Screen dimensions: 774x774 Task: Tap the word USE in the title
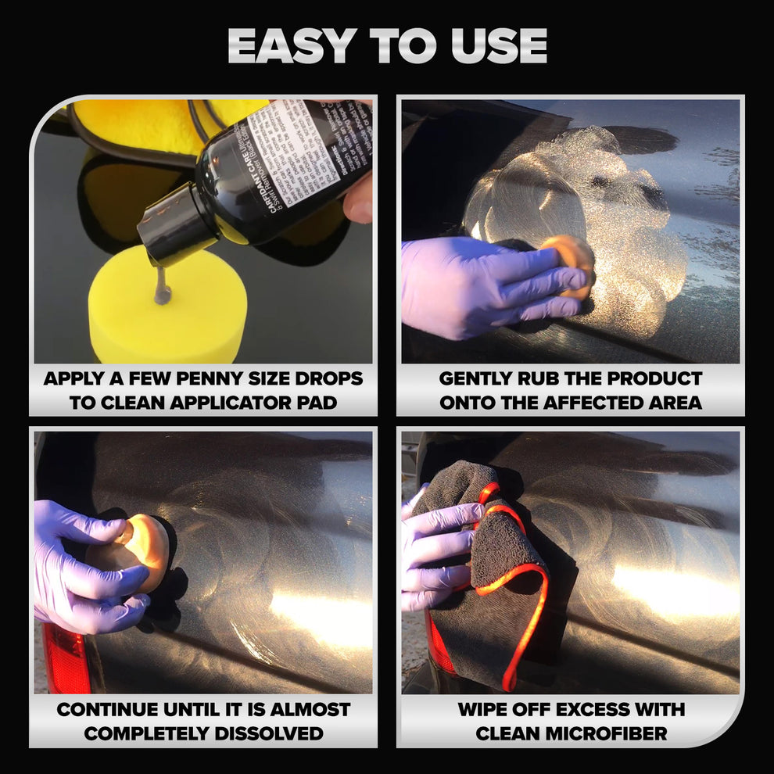pos(498,47)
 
